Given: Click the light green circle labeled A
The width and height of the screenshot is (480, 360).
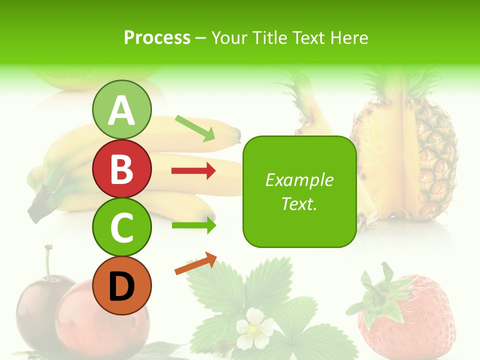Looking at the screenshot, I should point(121,109).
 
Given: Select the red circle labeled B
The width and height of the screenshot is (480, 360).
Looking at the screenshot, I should point(121,168).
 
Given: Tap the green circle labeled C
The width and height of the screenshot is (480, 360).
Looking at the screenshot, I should point(121,227).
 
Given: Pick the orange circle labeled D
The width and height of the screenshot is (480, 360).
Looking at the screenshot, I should point(121,285).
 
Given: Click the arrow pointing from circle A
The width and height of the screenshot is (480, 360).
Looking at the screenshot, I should point(195,128).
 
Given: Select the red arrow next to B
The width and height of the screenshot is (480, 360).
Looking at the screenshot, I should point(193,171).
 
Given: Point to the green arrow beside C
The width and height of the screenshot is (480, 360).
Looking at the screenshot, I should point(193,225).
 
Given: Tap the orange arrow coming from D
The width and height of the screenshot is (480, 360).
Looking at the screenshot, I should point(195,263).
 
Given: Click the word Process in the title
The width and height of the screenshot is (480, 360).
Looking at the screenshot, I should point(157,37).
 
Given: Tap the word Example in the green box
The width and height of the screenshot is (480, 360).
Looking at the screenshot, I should point(299,180).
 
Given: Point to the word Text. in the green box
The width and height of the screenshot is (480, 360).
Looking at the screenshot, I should point(299,203).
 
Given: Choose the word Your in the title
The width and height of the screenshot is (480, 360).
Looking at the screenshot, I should point(230,37).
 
